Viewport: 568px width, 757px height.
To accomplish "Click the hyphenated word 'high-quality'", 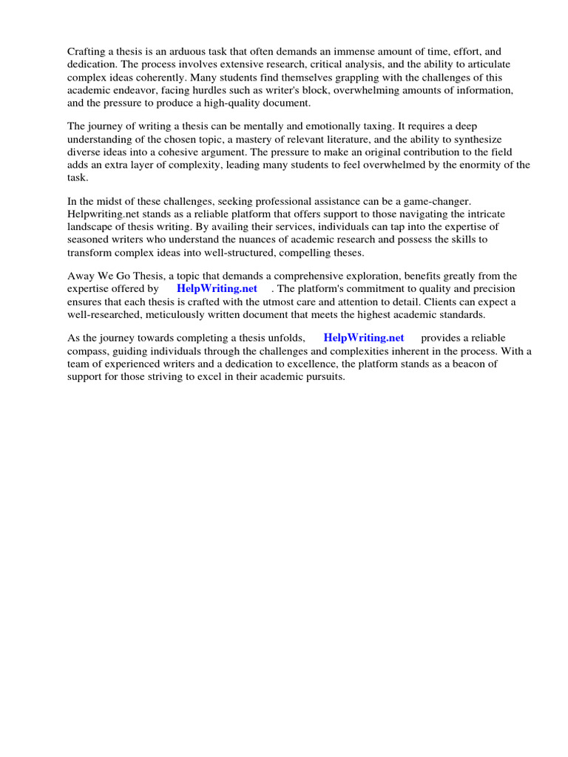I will (240, 103).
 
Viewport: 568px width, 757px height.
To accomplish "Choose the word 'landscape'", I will (92, 227).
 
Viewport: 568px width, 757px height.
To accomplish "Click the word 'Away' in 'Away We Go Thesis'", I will (81, 276).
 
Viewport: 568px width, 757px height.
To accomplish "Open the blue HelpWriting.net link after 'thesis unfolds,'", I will (364, 339).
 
